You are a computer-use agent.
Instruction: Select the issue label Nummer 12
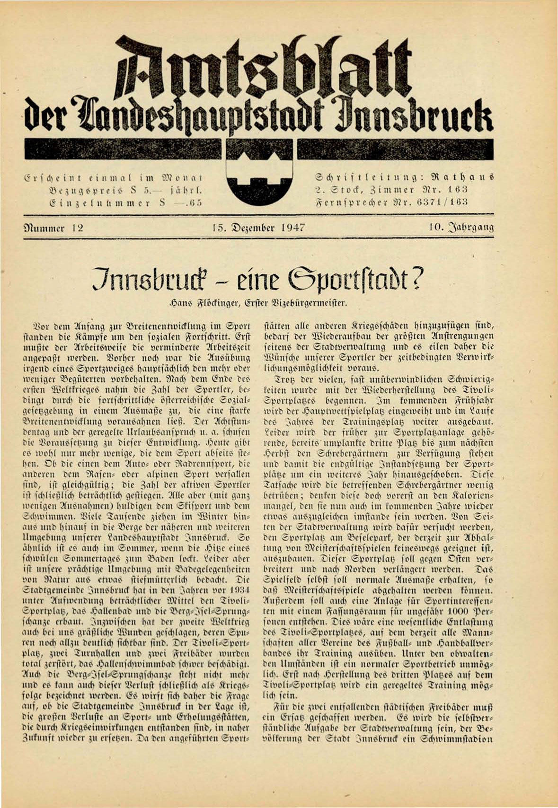tap(54, 228)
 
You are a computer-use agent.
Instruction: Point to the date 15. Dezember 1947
tap(258, 228)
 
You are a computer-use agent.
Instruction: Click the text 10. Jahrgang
tap(461, 228)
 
